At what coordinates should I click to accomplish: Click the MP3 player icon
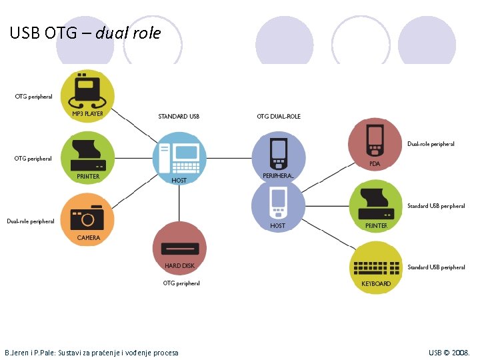(x=87, y=90)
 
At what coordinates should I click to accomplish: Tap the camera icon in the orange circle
(x=87, y=217)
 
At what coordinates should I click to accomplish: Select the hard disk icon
(x=179, y=248)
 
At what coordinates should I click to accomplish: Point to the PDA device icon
(x=375, y=141)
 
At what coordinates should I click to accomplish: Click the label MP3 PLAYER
(x=87, y=114)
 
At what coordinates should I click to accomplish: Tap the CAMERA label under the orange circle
(x=89, y=237)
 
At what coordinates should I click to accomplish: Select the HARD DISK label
(x=179, y=266)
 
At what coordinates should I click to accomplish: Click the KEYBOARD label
(x=376, y=284)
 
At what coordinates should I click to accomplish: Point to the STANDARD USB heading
(x=179, y=117)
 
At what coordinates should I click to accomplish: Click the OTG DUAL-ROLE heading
(x=279, y=117)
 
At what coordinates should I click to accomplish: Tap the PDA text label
(x=375, y=164)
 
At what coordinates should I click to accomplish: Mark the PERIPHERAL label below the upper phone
(x=278, y=175)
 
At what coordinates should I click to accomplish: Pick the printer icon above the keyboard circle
(x=376, y=203)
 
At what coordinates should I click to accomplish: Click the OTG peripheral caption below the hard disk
(x=181, y=283)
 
